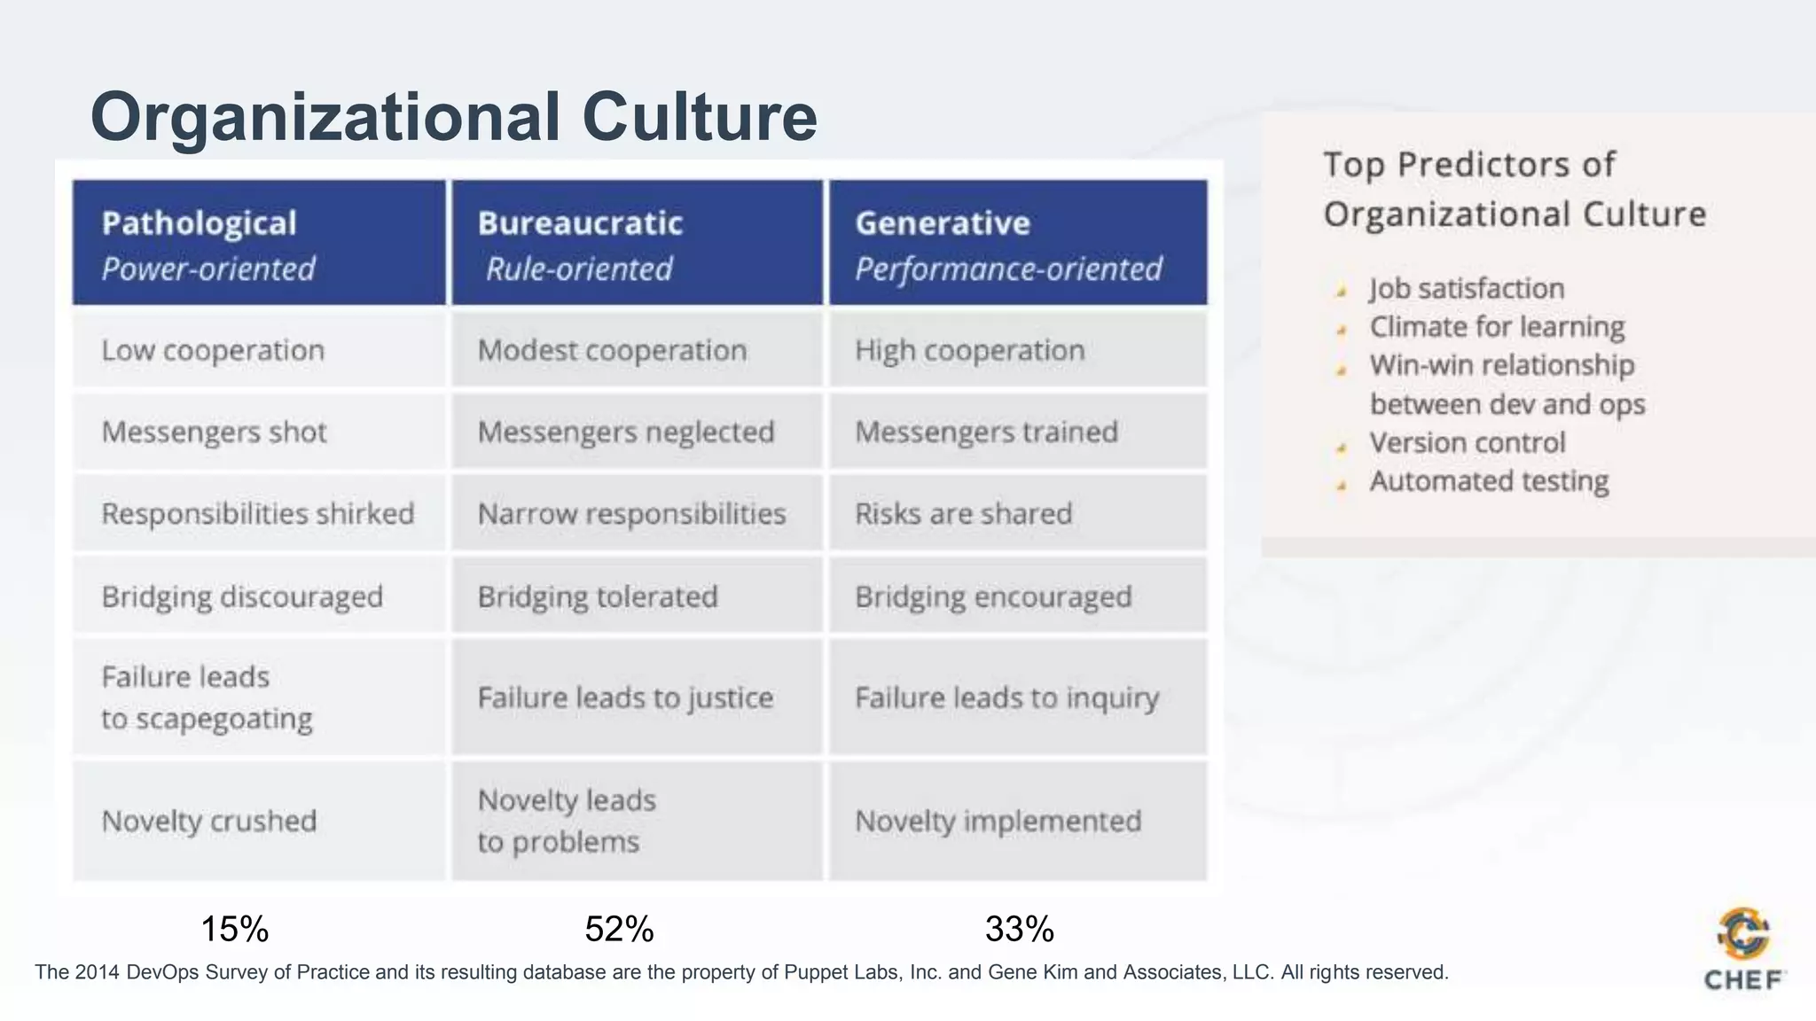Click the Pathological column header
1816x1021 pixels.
258,243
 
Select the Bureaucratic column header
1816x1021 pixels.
637,243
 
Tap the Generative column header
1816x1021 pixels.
1018,243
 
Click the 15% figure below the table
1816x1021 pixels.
235,929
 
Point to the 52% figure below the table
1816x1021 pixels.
620,929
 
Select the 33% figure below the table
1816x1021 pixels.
1020,929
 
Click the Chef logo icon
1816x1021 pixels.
1743,934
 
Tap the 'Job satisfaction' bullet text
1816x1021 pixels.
1467,289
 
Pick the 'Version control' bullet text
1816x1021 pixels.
1468,442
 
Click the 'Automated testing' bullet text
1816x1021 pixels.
1489,481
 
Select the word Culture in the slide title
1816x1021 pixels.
700,117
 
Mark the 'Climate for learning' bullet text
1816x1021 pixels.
1497,327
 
